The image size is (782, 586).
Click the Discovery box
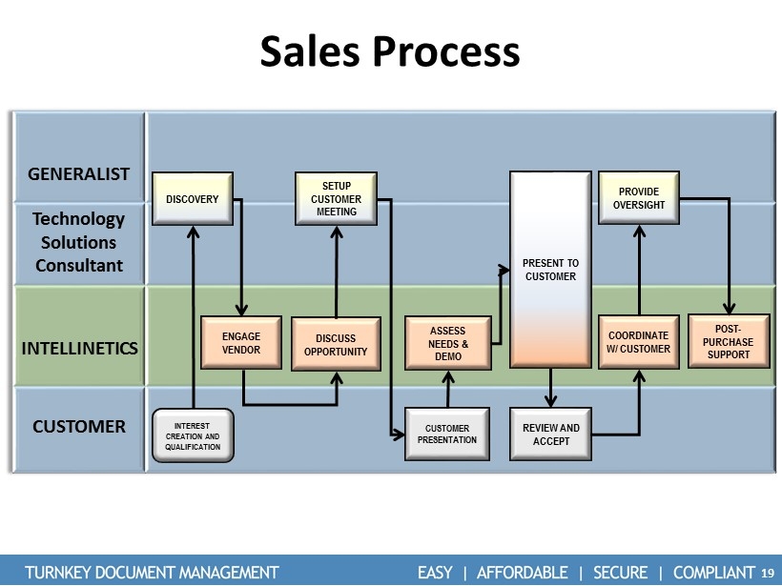pos(193,199)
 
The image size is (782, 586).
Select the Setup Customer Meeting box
pos(336,198)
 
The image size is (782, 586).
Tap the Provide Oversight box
pos(638,198)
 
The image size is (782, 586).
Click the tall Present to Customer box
pos(551,270)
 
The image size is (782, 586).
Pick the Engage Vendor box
pos(241,343)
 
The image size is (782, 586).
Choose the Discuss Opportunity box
pos(336,344)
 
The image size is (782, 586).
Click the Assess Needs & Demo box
pos(447,343)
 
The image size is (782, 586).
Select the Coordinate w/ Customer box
pos(638,342)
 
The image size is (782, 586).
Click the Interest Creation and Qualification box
pos(193,434)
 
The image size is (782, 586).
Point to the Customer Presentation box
pos(447,434)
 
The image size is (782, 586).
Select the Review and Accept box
pos(551,434)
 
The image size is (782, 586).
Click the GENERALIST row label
pos(79,174)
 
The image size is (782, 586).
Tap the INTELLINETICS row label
pos(79,348)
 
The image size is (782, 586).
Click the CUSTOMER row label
pos(79,426)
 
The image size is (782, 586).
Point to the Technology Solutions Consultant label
pos(79,242)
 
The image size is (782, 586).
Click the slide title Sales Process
pos(390,51)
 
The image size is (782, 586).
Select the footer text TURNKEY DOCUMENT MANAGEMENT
pos(152,572)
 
